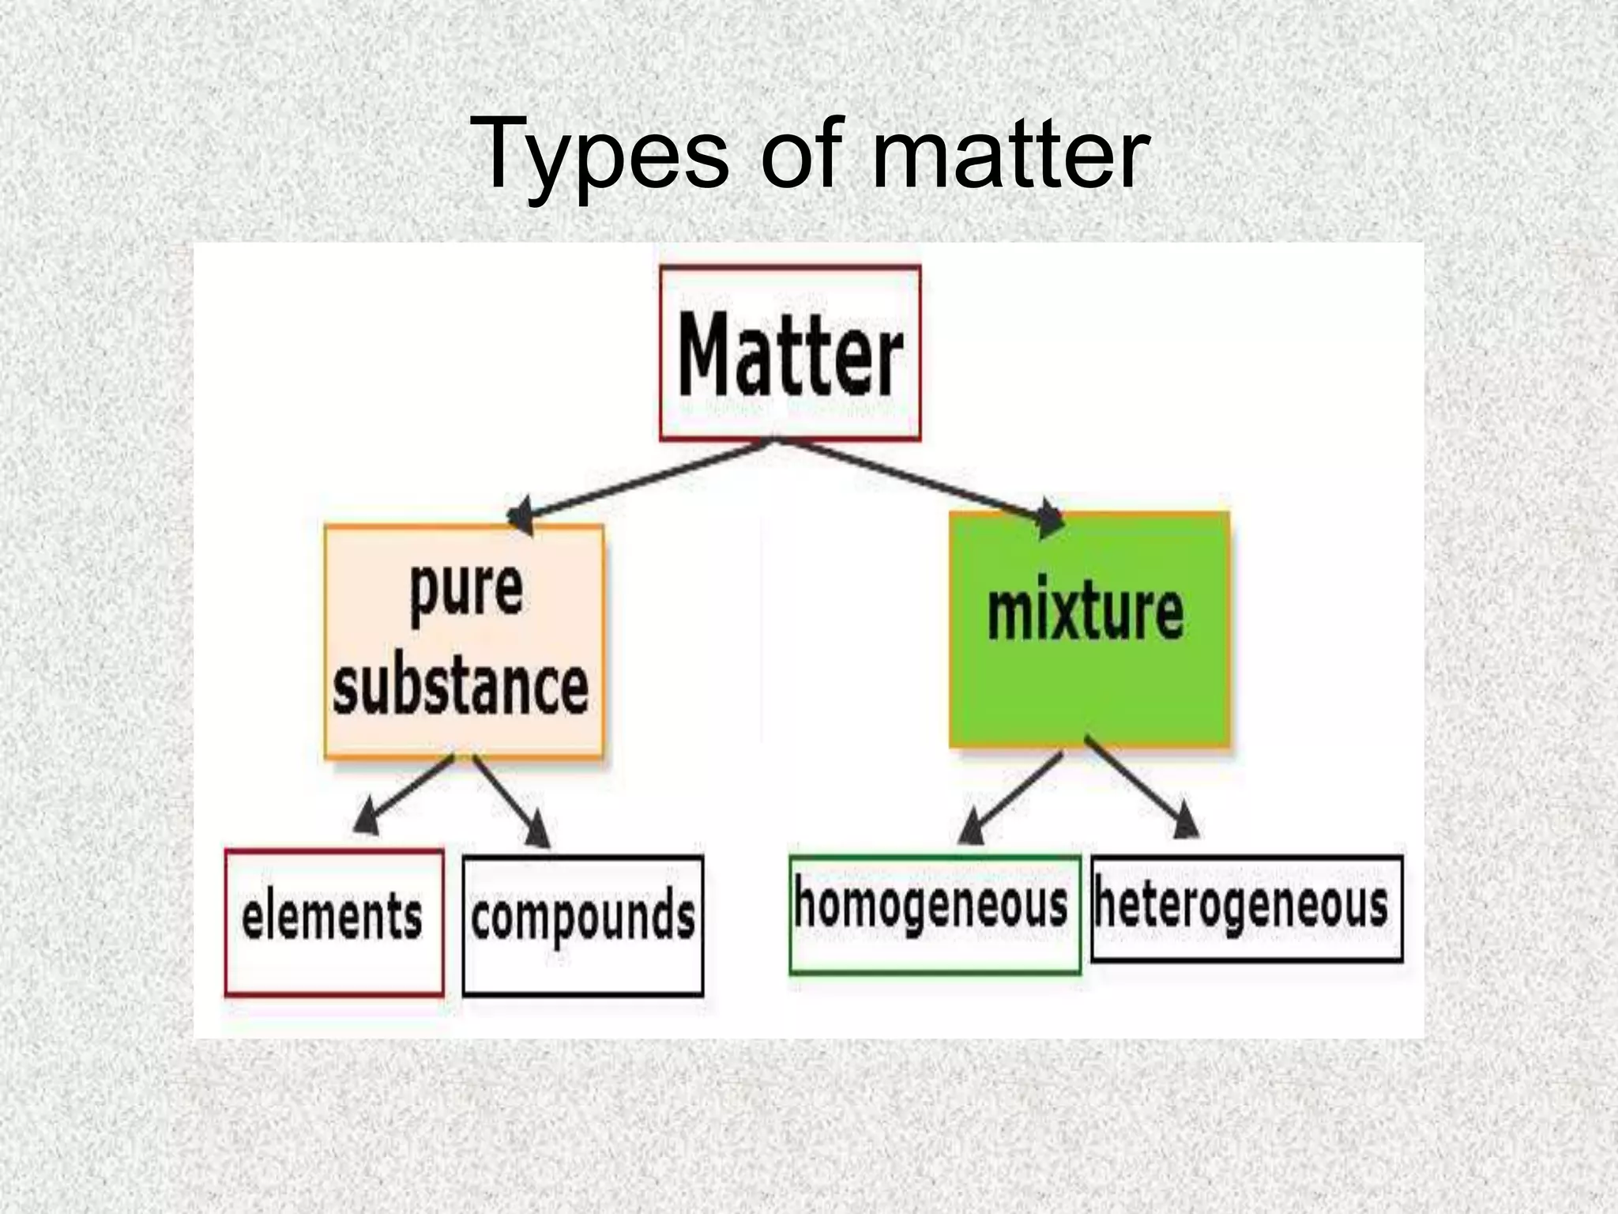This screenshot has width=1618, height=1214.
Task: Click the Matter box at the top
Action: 790,353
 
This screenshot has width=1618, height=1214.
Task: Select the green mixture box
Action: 1089,629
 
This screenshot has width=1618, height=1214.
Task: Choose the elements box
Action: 333,922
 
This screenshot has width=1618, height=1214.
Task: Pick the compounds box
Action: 583,925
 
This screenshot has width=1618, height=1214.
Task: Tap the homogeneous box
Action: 935,914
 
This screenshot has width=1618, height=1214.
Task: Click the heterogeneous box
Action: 1246,908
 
